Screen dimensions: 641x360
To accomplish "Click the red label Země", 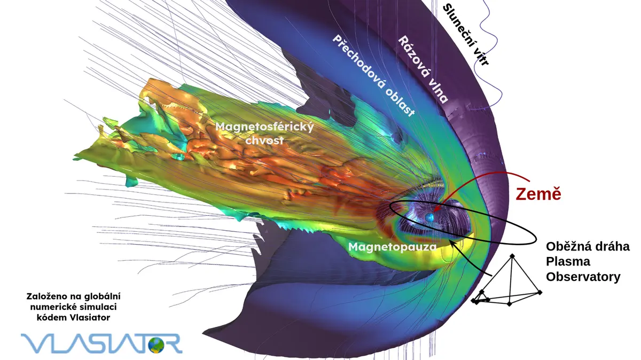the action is pyautogui.click(x=538, y=194).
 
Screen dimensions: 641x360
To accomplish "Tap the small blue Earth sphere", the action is pyautogui.click(x=429, y=217).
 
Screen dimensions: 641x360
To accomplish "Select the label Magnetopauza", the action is pyautogui.click(x=392, y=247).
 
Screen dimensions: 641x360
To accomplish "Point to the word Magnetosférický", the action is pyautogui.click(x=264, y=127).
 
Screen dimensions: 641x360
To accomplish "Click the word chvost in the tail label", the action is pyautogui.click(x=264, y=140).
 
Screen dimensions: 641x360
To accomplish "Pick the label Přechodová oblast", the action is pyautogui.click(x=373, y=76).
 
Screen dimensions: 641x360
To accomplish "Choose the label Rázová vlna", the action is pyautogui.click(x=423, y=69).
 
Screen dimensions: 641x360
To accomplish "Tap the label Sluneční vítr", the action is pyautogui.click(x=465, y=35).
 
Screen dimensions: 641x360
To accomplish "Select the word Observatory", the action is pyautogui.click(x=583, y=277).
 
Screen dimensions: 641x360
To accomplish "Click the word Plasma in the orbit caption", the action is pyautogui.click(x=568, y=262).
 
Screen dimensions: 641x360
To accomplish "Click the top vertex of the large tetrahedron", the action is pyautogui.click(x=512, y=255).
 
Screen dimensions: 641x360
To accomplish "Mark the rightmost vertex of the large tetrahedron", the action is pyautogui.click(x=540, y=293).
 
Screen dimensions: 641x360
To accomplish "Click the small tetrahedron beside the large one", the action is pyautogui.click(x=480, y=297).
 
